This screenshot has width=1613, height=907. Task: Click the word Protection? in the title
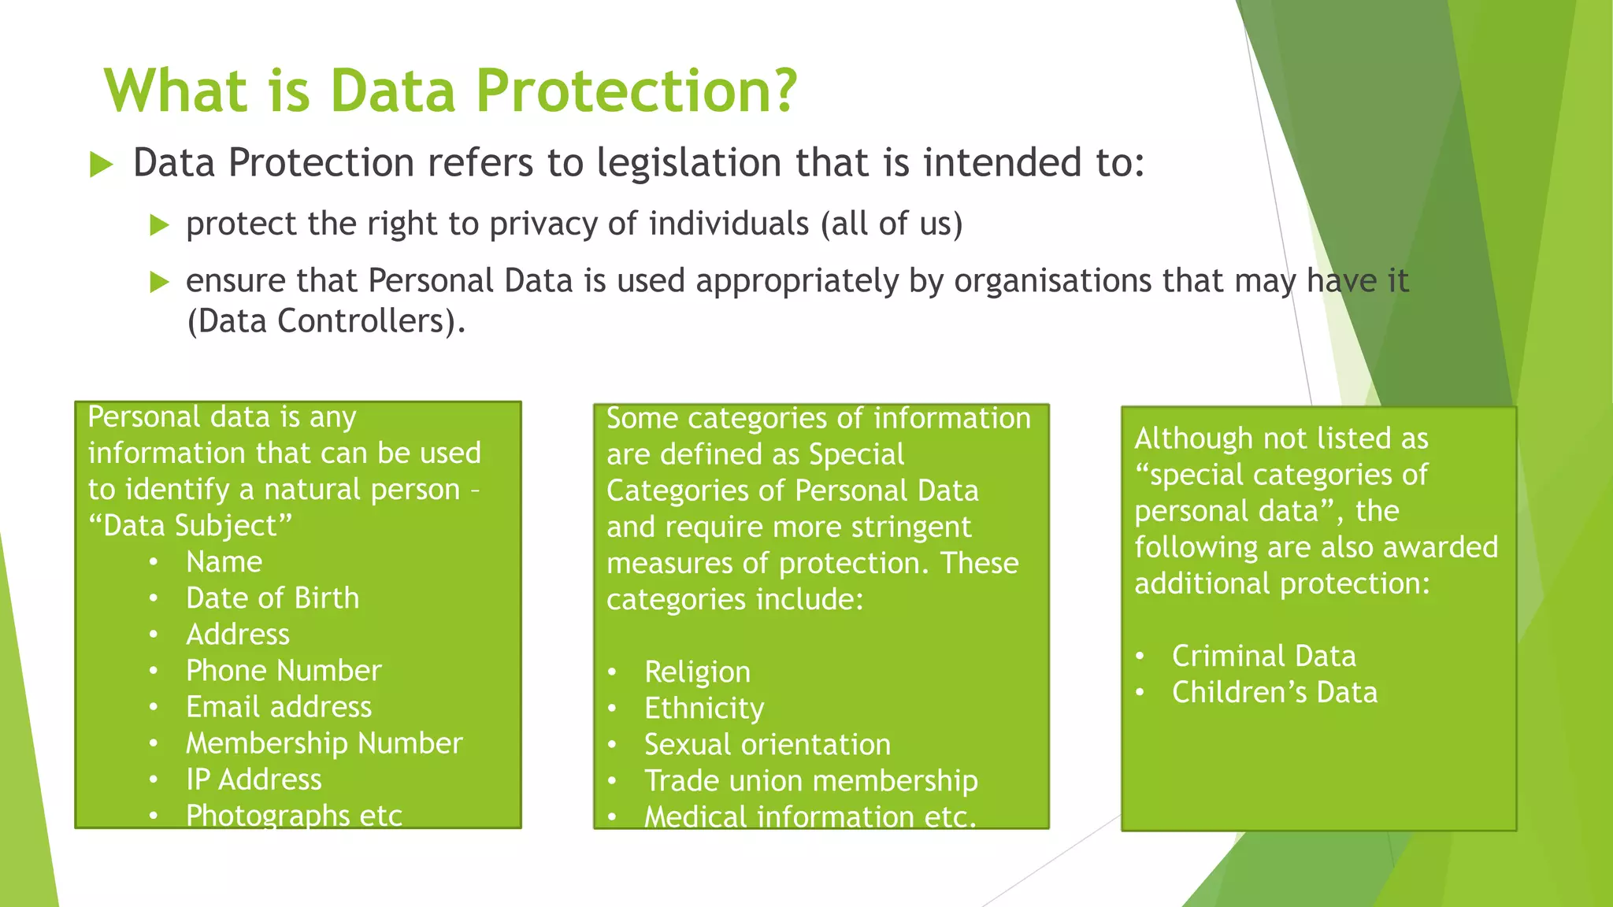(636, 91)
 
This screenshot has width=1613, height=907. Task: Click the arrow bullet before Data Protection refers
(102, 165)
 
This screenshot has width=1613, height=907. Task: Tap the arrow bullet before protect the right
(159, 226)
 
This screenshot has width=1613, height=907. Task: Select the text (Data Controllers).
(326, 322)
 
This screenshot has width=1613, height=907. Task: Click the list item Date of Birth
(272, 598)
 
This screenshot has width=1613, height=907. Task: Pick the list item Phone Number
(284, 671)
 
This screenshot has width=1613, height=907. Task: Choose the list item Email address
(278, 707)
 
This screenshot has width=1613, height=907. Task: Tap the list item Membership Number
(324, 743)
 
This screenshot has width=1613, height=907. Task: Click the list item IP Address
(254, 779)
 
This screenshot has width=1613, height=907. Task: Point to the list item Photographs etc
(294, 816)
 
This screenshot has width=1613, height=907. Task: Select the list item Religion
(697, 672)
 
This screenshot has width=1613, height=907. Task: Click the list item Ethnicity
(704, 709)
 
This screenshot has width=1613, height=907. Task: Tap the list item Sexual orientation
(767, 745)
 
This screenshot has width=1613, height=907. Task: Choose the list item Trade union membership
(810, 781)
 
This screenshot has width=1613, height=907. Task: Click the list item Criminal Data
(1263, 656)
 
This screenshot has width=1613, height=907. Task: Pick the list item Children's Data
(1274, 693)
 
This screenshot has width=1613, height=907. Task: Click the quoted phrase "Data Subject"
(190, 526)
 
